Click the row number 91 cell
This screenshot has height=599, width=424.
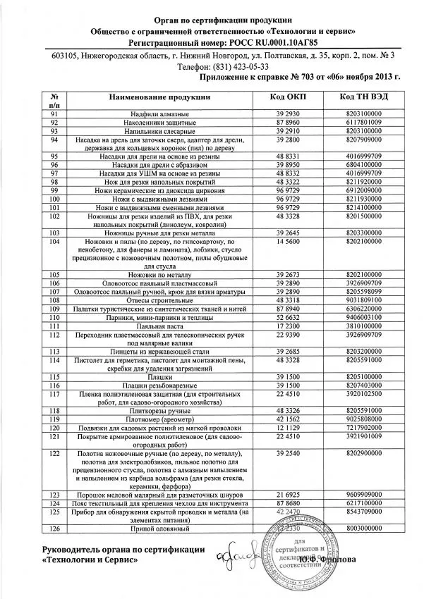click(54, 113)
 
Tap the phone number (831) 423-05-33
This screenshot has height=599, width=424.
click(212, 66)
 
